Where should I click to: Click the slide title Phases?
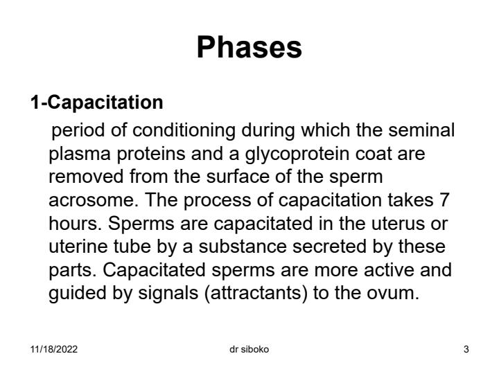click(x=249, y=48)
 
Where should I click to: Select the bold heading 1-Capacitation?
click(x=96, y=103)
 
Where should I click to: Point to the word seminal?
click(x=425, y=130)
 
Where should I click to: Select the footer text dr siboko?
click(x=249, y=349)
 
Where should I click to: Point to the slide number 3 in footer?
click(x=466, y=349)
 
